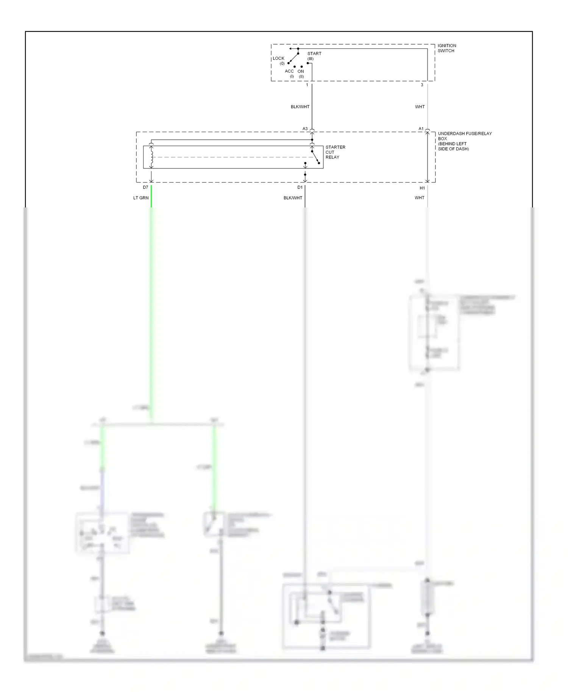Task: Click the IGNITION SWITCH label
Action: (446, 48)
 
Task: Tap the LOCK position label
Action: (278, 59)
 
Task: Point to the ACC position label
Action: (289, 71)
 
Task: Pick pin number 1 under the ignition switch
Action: (307, 85)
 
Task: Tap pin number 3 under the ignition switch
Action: (422, 85)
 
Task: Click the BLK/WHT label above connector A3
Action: (300, 107)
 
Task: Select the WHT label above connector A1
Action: (420, 107)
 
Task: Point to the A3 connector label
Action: (305, 129)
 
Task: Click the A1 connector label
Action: (421, 129)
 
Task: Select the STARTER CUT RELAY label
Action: (335, 152)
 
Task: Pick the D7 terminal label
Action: (145, 187)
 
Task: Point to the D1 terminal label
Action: (300, 187)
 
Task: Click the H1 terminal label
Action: (422, 188)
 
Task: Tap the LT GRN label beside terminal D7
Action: (141, 198)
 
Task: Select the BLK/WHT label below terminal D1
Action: (293, 198)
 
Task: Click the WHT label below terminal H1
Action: (419, 198)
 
